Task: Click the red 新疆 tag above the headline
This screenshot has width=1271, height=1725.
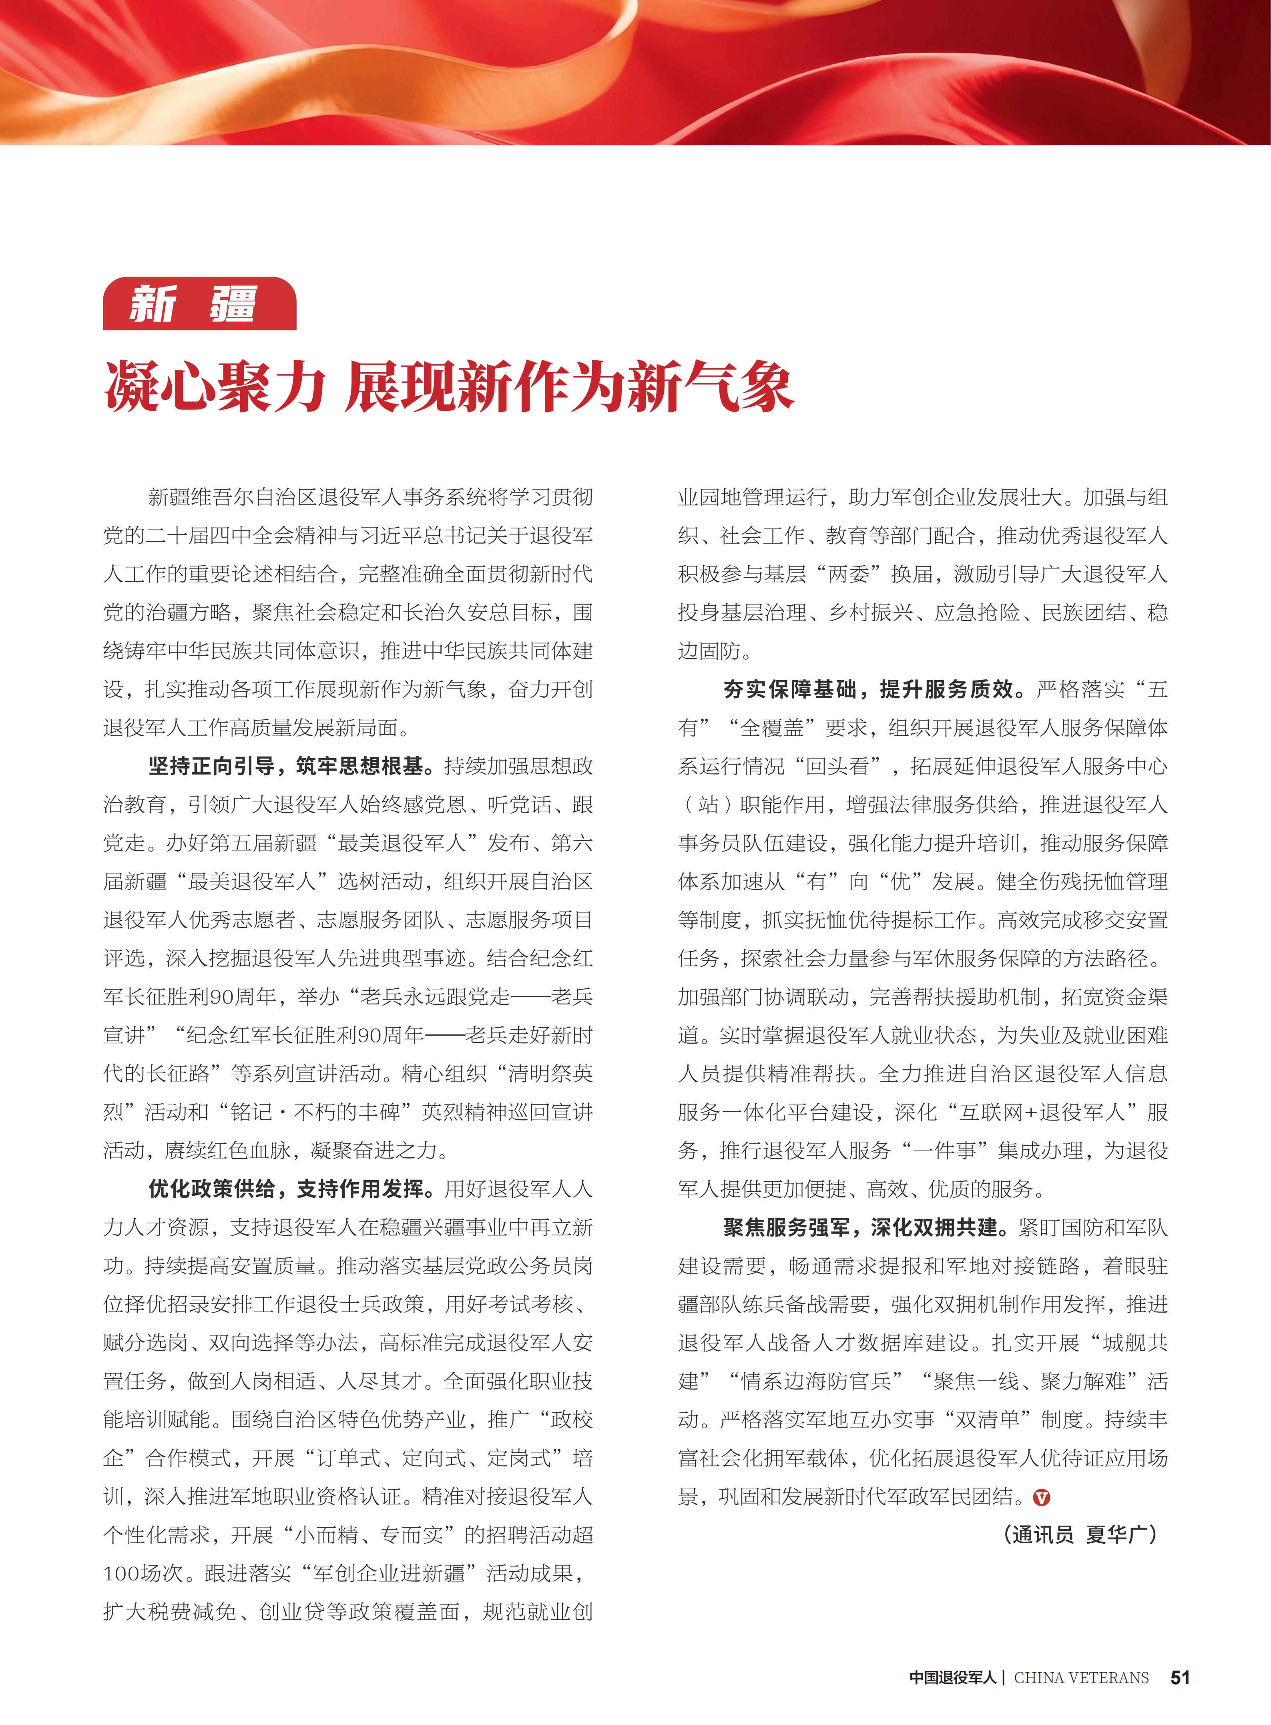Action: point(199,304)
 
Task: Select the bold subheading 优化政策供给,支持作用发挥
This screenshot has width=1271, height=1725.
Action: point(286,1189)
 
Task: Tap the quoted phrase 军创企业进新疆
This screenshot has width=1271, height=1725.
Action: point(389,1573)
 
